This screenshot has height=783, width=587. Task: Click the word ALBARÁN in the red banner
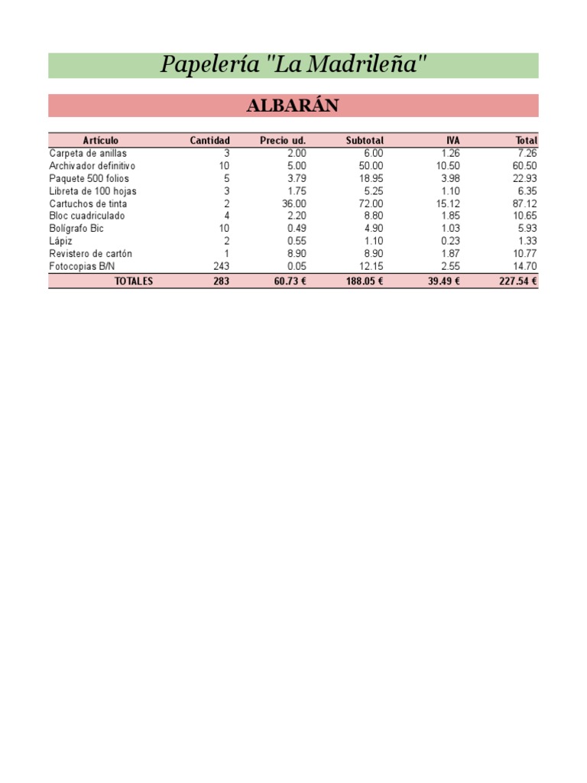click(x=293, y=106)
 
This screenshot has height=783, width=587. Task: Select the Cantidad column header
click(x=209, y=141)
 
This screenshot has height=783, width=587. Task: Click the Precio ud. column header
click(x=283, y=141)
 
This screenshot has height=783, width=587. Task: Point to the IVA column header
click(x=453, y=141)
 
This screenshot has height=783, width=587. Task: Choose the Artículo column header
click(x=100, y=141)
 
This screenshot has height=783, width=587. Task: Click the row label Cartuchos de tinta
click(x=88, y=204)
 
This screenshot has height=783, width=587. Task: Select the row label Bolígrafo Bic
click(x=76, y=229)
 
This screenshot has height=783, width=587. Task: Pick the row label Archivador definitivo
click(x=92, y=166)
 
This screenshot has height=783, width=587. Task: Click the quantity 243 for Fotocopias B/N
click(x=221, y=266)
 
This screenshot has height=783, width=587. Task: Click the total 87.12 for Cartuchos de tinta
click(x=525, y=204)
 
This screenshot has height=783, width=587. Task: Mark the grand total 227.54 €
click(x=517, y=281)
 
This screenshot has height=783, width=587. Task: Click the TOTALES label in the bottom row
click(x=134, y=281)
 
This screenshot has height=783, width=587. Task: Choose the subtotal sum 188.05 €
click(x=363, y=281)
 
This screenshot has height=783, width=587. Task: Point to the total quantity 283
click(x=221, y=281)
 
